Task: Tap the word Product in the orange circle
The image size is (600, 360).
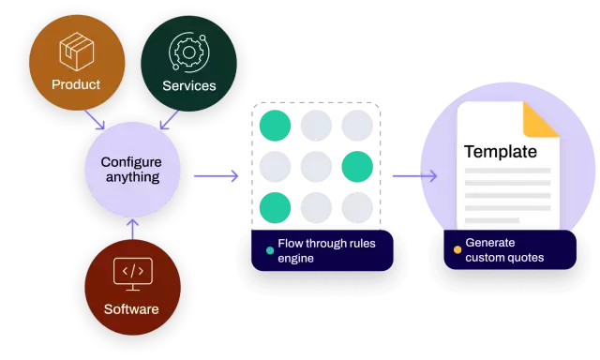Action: [76, 84]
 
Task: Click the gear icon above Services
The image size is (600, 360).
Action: [188, 52]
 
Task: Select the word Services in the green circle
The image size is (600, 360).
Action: [188, 85]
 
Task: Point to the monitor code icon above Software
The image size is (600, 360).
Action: [131, 273]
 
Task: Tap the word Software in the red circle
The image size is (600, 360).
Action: [131, 308]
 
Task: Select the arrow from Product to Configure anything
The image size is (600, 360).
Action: [94, 120]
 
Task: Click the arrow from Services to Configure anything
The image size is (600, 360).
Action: [170, 121]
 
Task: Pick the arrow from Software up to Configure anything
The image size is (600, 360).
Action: [132, 228]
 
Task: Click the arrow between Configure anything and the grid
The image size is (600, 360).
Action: [217, 175]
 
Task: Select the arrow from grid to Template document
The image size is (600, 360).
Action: [413, 175]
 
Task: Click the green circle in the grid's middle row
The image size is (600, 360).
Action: [356, 167]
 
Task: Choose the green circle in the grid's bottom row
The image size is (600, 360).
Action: [275, 207]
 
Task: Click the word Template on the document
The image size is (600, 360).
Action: [501, 151]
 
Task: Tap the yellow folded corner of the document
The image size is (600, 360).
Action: [541, 120]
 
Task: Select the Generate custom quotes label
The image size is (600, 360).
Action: [504, 250]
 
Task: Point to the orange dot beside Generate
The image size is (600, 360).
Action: [457, 249]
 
